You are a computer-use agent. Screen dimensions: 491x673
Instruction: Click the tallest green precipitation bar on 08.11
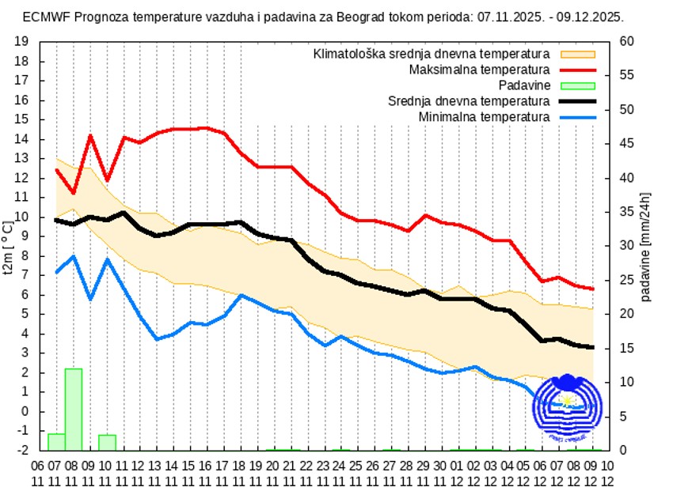tap(73, 409)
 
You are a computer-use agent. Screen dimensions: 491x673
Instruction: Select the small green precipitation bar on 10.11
tap(107, 442)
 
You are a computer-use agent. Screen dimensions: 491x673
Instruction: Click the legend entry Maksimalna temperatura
tap(479, 70)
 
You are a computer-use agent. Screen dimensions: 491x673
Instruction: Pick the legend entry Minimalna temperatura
tap(484, 117)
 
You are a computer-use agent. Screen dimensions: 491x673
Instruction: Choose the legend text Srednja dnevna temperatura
tap(469, 101)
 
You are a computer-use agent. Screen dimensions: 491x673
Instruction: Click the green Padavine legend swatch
tap(577, 85)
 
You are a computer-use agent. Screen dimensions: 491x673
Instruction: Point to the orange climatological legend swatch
tap(577, 54)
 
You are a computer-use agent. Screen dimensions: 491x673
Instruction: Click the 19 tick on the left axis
tap(22, 42)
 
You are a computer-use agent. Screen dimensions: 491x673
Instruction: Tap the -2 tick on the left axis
tap(22, 450)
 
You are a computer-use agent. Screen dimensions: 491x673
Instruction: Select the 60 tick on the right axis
tap(625, 42)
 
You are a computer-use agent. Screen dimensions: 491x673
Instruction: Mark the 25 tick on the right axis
tap(625, 280)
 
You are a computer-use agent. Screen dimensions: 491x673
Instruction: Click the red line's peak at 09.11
tap(90, 135)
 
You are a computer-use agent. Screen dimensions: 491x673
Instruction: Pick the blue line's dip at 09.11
tap(90, 300)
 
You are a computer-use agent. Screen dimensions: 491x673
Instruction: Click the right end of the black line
tap(593, 347)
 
